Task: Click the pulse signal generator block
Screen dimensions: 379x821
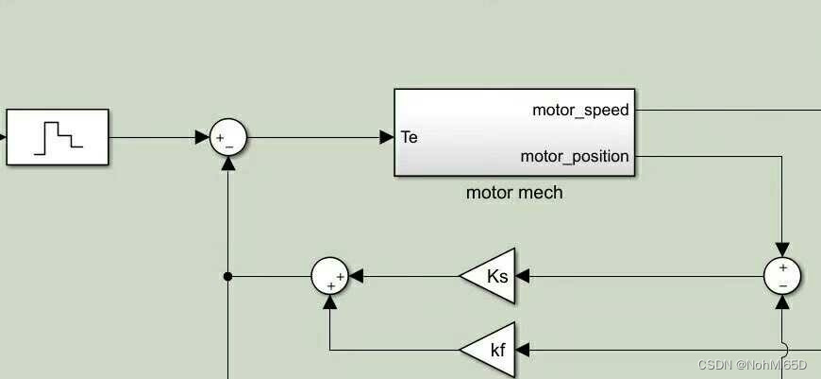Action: click(x=58, y=137)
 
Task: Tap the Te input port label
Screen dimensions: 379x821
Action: click(x=410, y=137)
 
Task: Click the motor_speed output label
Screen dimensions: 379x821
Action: click(x=580, y=110)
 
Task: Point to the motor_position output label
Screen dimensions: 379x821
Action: click(x=575, y=156)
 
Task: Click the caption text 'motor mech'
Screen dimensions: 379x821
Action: click(x=514, y=193)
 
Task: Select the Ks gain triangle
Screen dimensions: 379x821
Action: click(x=491, y=276)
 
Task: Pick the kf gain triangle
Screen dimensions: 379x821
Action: click(x=492, y=350)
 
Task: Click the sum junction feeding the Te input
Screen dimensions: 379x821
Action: click(x=227, y=138)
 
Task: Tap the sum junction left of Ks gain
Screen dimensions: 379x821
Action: click(x=330, y=276)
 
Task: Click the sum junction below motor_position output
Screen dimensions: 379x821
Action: click(x=782, y=276)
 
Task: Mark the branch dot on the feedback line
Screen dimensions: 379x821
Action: click(x=227, y=277)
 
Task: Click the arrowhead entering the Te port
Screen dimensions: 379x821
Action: click(x=387, y=138)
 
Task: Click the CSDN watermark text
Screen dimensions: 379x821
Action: click(x=752, y=365)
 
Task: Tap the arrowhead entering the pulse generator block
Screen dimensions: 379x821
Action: click(x=3, y=137)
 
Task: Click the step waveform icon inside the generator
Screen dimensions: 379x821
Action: click(x=58, y=137)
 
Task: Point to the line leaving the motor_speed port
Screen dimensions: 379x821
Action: click(x=727, y=110)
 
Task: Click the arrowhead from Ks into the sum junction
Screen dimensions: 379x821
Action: click(x=356, y=276)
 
